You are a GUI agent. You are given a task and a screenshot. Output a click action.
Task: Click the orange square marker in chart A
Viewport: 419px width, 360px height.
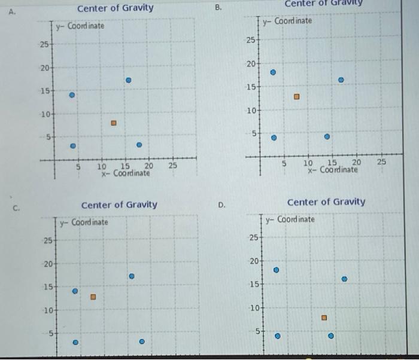click(113, 123)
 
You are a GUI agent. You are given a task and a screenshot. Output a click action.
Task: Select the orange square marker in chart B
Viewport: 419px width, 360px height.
click(296, 96)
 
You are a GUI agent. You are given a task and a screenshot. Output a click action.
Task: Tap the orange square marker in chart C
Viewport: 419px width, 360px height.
click(93, 297)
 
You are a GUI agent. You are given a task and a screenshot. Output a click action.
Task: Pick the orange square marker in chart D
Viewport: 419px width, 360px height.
click(324, 318)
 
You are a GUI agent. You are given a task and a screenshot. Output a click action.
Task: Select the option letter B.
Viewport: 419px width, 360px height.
click(218, 8)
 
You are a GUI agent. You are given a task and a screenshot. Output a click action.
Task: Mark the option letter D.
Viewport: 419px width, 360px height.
click(221, 205)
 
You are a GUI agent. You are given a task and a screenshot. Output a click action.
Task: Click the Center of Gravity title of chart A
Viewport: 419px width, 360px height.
click(115, 8)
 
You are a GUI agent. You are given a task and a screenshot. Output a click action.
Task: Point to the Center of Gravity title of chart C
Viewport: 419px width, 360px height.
click(119, 205)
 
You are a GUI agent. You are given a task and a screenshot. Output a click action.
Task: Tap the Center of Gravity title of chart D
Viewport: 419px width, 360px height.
click(326, 202)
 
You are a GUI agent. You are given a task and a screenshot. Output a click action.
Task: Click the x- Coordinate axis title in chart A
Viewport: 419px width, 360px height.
click(125, 173)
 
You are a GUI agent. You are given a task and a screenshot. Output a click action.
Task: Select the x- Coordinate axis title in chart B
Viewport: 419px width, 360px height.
click(333, 169)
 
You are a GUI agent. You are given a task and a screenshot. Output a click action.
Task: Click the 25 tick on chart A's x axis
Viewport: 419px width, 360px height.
click(172, 166)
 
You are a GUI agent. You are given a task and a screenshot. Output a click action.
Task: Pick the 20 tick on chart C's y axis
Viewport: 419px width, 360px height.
click(48, 264)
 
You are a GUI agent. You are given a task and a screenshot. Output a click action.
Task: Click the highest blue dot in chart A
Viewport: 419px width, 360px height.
click(127, 80)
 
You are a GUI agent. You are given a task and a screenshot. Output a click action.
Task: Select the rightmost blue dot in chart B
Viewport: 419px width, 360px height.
click(341, 80)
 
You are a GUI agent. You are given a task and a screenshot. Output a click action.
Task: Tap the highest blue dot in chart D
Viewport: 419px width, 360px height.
click(276, 270)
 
